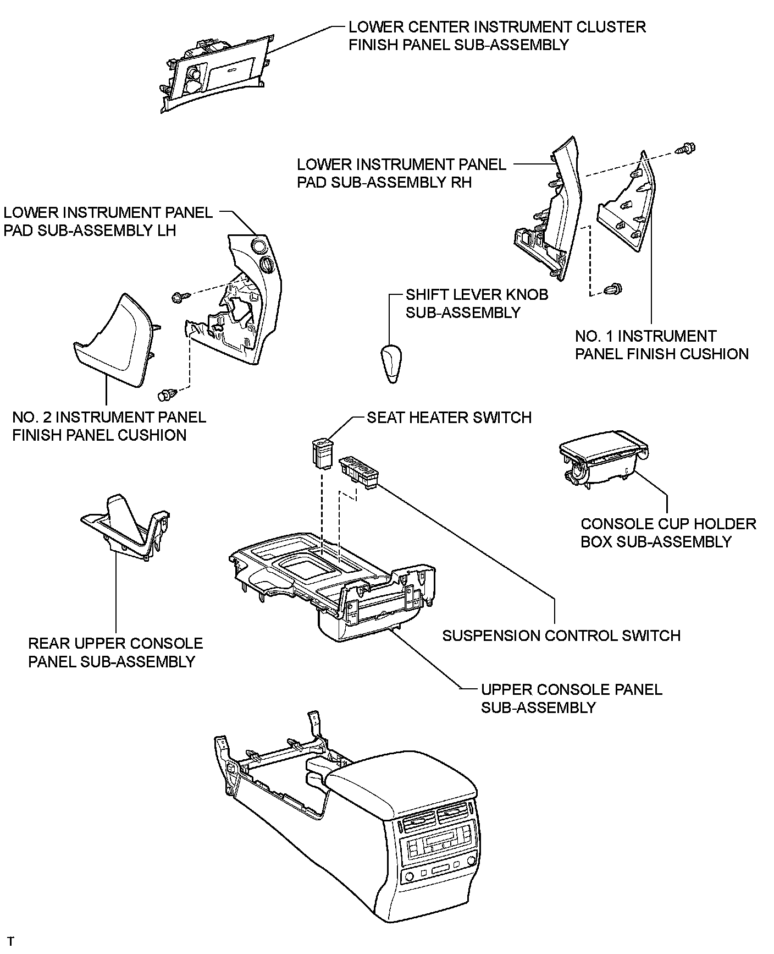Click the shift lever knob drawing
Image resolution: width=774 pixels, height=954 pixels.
pos(392,363)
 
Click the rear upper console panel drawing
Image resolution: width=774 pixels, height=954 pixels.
pos(126,528)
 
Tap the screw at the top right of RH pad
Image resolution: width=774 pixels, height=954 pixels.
pos(685,147)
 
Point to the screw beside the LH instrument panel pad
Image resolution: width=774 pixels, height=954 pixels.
pos(180,297)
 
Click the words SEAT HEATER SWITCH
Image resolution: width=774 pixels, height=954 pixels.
pos(449,418)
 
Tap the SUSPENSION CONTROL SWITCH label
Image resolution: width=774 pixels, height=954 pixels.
pos(561,635)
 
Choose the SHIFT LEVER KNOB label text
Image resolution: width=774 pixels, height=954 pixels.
pos(477,294)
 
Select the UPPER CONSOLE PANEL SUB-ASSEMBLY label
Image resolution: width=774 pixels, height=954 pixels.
pos(571,698)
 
